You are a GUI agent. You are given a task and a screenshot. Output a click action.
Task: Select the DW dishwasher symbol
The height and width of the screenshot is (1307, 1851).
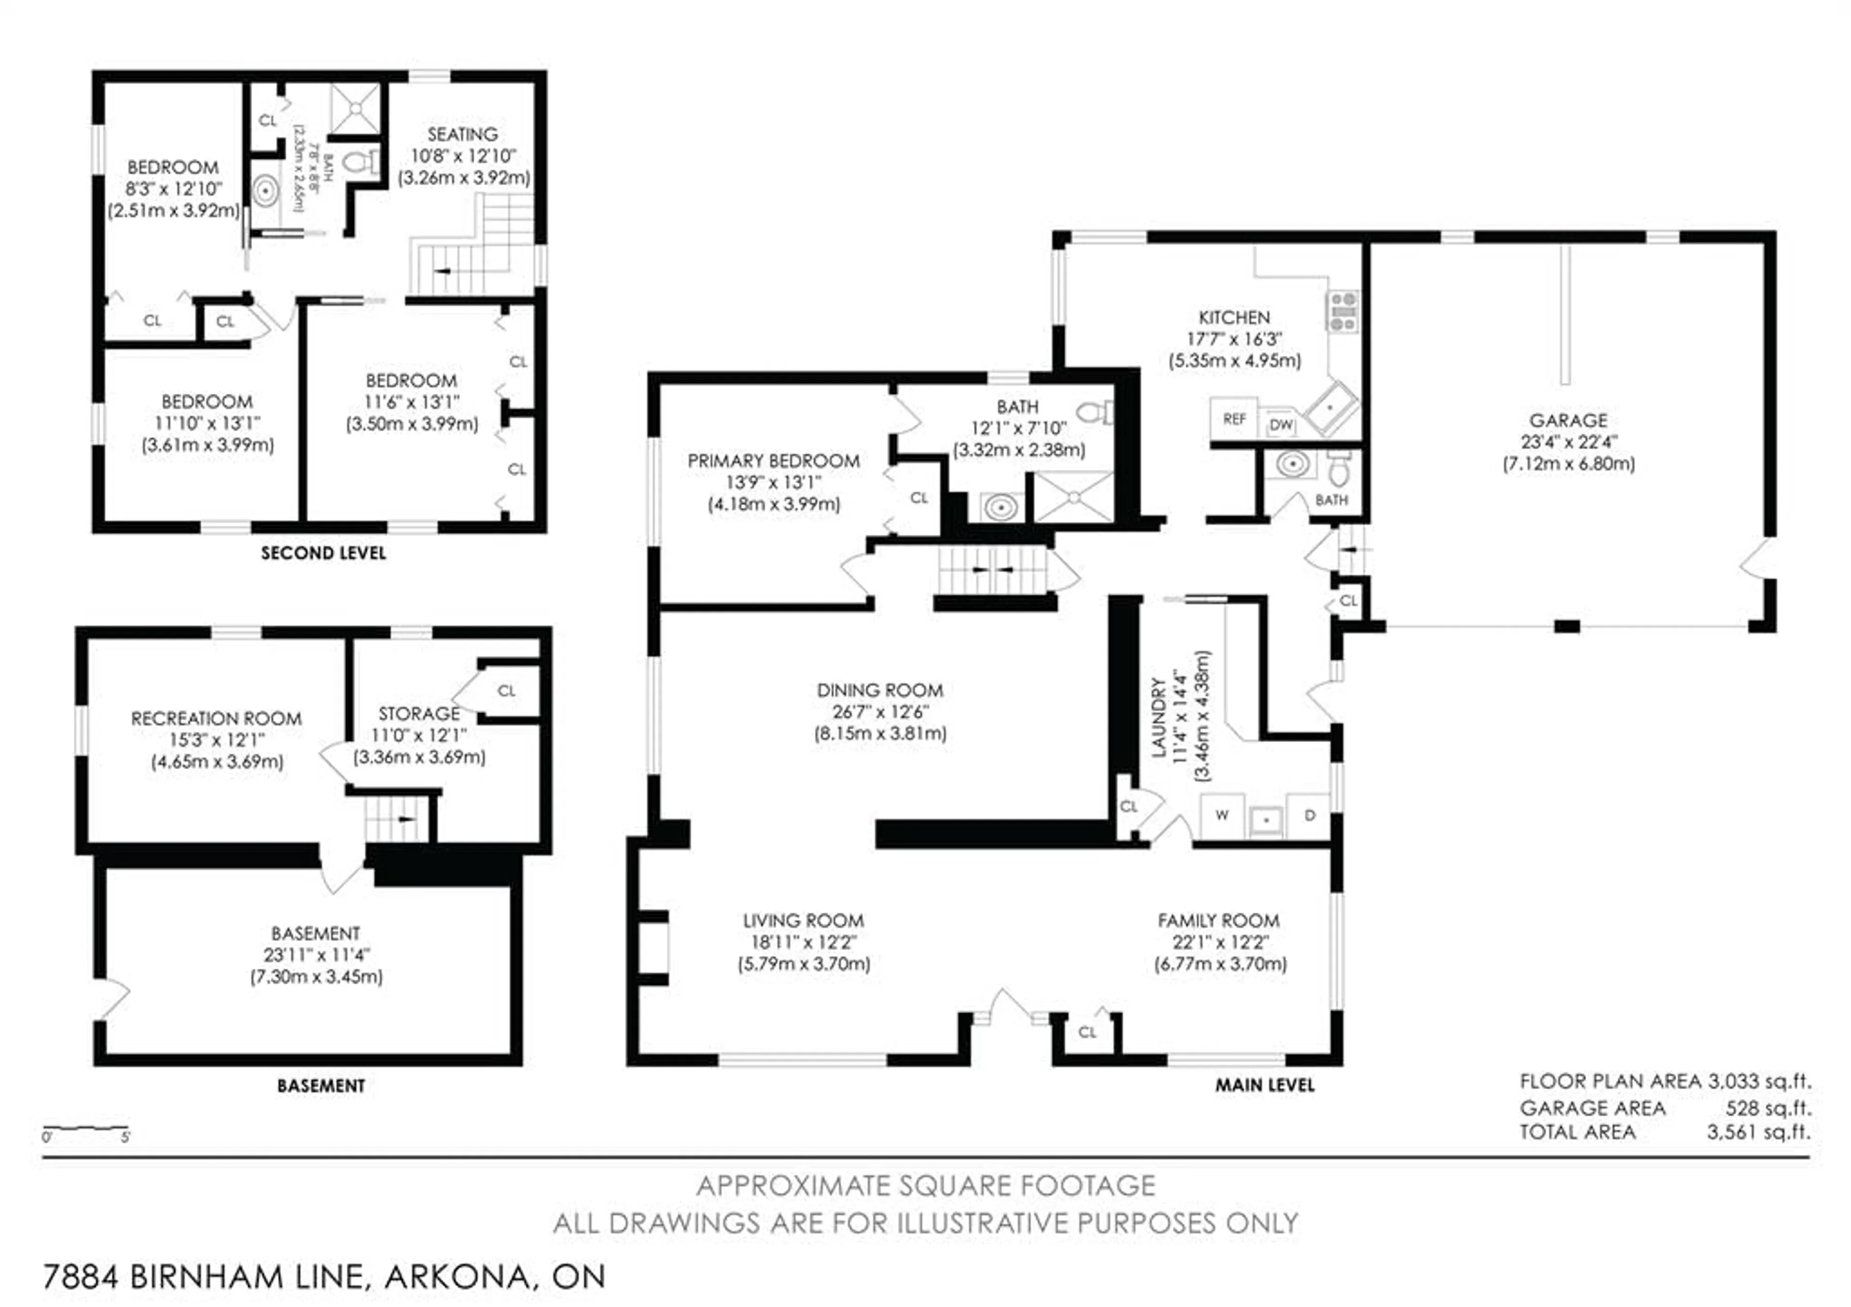pyautogui.click(x=1280, y=424)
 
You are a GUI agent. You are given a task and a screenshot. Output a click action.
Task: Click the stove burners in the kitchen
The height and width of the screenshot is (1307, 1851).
pyautogui.click(x=1343, y=311)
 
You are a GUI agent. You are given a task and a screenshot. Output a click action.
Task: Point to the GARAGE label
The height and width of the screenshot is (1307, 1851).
pyautogui.click(x=1568, y=420)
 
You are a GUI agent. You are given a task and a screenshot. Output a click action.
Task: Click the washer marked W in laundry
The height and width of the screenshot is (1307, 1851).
pyautogui.click(x=1222, y=815)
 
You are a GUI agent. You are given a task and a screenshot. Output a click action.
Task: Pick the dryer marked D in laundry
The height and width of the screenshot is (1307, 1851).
pyautogui.click(x=1309, y=815)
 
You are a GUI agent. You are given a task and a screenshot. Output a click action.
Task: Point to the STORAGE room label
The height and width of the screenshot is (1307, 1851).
pyautogui.click(x=419, y=714)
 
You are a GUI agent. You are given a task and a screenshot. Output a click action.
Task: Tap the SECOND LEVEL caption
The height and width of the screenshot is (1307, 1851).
pyautogui.click(x=323, y=553)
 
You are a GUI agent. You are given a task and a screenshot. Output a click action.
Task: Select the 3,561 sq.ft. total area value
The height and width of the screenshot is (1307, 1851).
pyautogui.click(x=1757, y=1132)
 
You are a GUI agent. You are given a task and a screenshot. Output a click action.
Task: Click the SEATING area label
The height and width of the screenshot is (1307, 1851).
pyautogui.click(x=462, y=134)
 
